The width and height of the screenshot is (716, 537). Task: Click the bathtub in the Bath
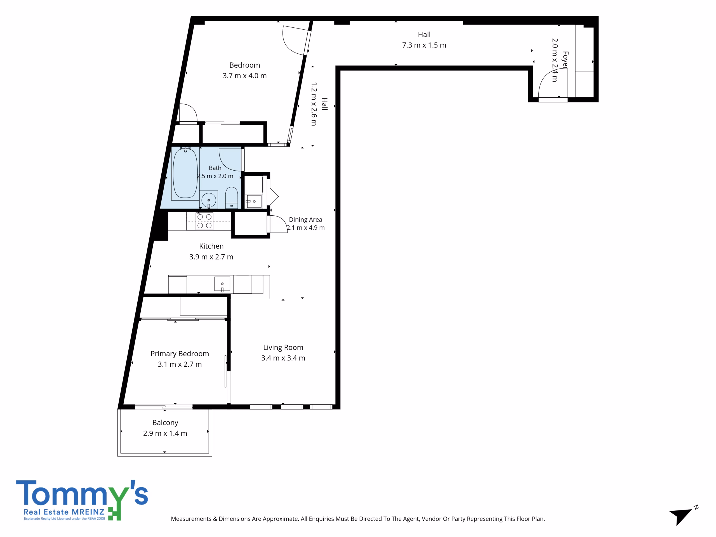[x=185, y=173]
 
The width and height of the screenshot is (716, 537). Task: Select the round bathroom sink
[x=209, y=200]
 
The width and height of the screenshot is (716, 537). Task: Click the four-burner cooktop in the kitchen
[x=204, y=221]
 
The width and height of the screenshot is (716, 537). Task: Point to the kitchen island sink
[x=222, y=284]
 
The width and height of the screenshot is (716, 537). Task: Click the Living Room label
[x=283, y=347]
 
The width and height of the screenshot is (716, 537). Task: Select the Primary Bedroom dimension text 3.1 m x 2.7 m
[x=180, y=364]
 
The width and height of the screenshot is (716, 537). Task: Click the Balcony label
[x=165, y=423]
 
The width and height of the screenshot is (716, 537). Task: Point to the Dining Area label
[x=306, y=220]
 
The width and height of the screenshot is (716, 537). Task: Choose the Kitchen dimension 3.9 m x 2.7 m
[x=211, y=257]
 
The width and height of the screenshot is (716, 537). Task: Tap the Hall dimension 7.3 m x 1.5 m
[x=424, y=45]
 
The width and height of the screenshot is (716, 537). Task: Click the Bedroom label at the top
[x=245, y=65]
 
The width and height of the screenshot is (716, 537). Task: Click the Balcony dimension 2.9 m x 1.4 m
[x=165, y=433]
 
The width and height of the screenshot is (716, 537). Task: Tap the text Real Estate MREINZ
[x=64, y=512]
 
